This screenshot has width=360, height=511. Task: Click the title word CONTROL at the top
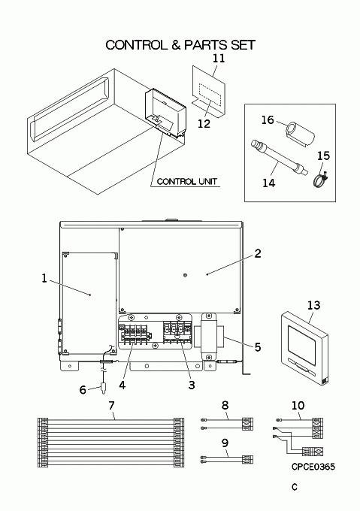pyautogui.click(x=136, y=45)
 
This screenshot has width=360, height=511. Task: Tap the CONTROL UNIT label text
pyautogui.click(x=187, y=182)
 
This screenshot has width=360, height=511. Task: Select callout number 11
pyautogui.click(x=219, y=58)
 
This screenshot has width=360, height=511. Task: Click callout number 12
pyautogui.click(x=204, y=124)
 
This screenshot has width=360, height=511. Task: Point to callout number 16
pyautogui.click(x=268, y=120)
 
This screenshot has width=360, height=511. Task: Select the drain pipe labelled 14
pyautogui.click(x=279, y=158)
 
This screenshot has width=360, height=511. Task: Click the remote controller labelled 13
pyautogui.click(x=304, y=348)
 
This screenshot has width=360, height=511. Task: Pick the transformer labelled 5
pyautogui.click(x=208, y=337)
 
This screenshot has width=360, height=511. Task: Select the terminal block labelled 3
pyautogui.click(x=177, y=331)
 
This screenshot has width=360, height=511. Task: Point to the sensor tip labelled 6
pyautogui.click(x=104, y=389)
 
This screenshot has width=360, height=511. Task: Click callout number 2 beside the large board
pyautogui.click(x=258, y=253)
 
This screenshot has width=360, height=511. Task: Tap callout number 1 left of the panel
pyautogui.click(x=44, y=278)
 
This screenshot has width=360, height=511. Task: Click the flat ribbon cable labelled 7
pyautogui.click(x=110, y=443)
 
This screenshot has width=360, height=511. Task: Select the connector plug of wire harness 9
pyautogui.click(x=247, y=459)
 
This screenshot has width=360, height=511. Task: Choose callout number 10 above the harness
pyautogui.click(x=298, y=405)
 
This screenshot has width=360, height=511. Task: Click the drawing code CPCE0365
pyautogui.click(x=313, y=467)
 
